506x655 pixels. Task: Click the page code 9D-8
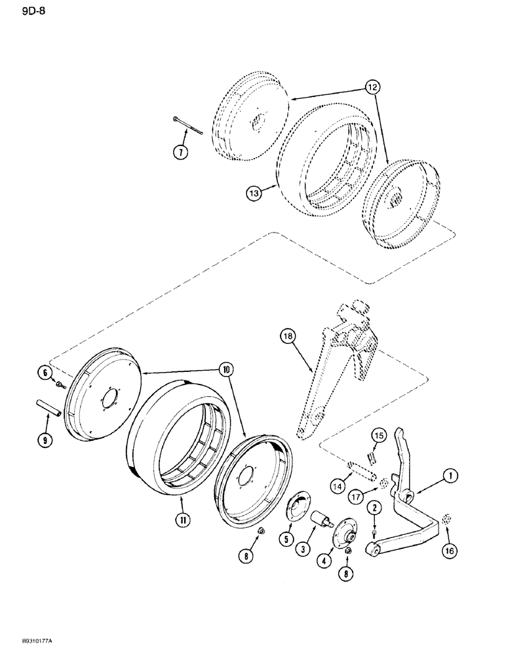pos(20,9)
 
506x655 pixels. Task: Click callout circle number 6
pos(47,372)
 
